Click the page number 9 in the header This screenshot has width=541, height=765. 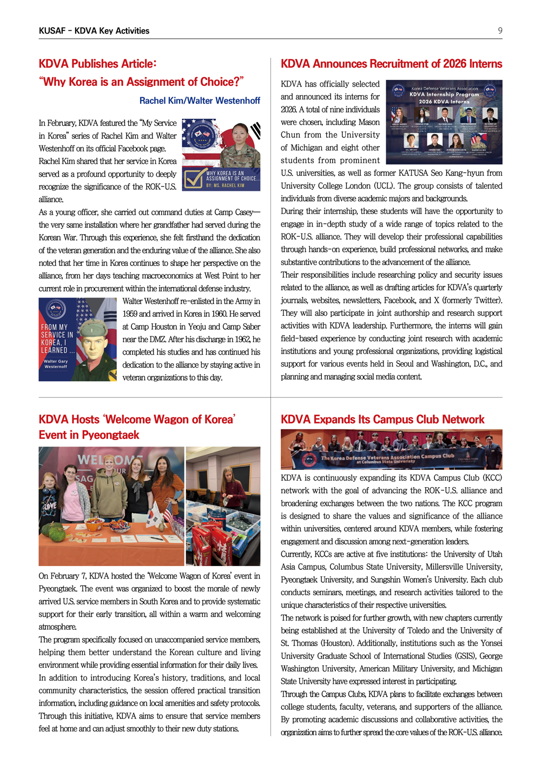[500, 30]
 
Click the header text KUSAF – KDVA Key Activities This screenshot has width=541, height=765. [94, 31]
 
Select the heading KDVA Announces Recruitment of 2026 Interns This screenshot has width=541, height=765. [391, 64]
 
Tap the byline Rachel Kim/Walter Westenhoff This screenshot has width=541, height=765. [200, 101]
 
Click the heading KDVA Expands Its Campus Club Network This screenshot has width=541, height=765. [382, 420]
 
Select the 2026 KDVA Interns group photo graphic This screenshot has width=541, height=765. [444, 122]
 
